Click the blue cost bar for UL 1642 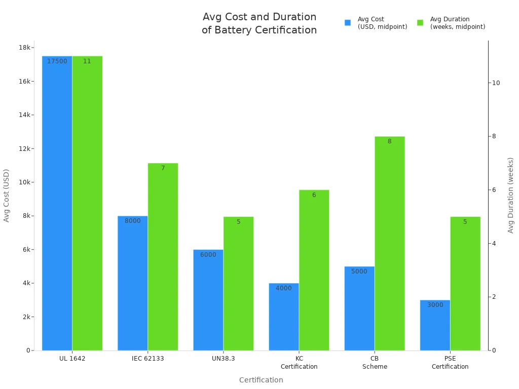pos(57,203)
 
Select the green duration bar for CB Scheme pos(389,243)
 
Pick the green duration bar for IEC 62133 pos(163,256)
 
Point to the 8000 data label pos(133,221)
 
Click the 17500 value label pos(57,61)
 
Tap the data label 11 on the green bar pos(87,61)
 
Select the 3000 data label pos(435,305)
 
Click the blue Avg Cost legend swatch pos(348,23)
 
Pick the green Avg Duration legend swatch pos(420,23)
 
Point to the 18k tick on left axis pos(24,48)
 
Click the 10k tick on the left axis pos(24,182)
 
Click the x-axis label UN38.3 pos(223,359)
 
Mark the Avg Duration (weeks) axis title pos(510,195)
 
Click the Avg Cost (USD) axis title pos(7,195)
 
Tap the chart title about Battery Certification pos(259,24)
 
